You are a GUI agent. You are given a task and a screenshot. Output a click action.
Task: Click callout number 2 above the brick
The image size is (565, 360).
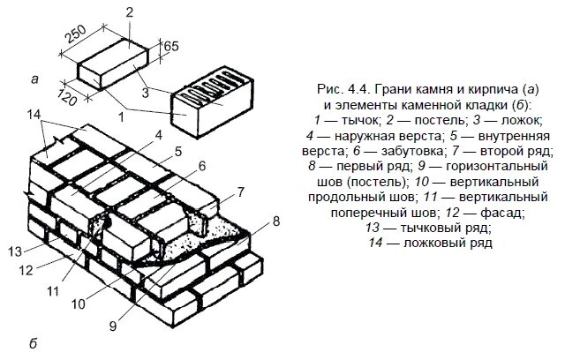coord(129,11)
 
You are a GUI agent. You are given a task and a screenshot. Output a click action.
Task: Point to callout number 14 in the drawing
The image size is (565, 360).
coord(34,115)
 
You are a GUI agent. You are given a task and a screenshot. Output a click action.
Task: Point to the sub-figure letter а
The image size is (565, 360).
coord(34,79)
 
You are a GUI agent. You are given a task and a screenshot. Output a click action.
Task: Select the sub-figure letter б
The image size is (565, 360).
coord(33,342)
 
